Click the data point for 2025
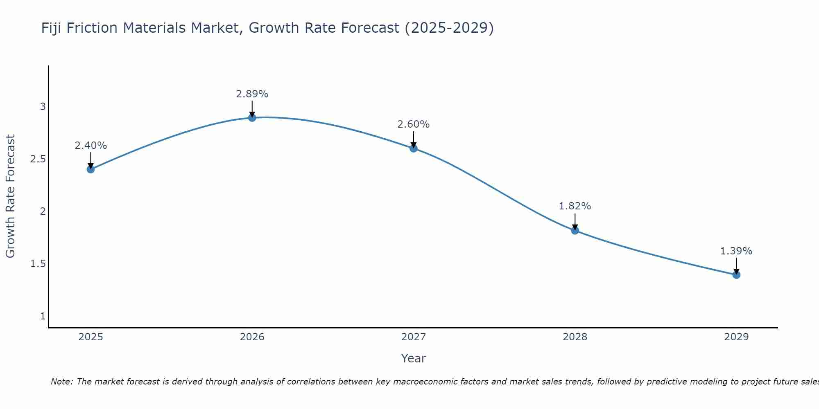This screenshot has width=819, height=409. pos(90,169)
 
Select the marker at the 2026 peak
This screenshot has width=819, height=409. pos(252,118)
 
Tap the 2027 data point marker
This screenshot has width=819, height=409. pos(414,148)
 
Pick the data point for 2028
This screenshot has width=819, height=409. pos(575,230)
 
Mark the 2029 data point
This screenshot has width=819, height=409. pos(736,274)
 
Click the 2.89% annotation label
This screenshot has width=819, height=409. pos(252,94)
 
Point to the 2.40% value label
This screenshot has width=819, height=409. pos(90,146)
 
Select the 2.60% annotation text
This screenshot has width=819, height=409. pos(414,124)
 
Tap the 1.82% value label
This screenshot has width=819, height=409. pos(575,206)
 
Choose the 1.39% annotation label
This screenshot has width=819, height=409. pos(736,251)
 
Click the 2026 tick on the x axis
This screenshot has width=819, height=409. pos(252,337)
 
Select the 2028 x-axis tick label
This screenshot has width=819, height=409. pos(575,337)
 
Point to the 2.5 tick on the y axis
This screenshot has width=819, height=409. pos(38,159)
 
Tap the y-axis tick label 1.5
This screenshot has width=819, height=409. pos(38,264)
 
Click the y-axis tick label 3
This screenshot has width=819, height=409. pos(43,107)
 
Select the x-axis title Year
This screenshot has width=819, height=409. pos(414,358)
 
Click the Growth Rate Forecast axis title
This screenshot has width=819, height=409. pos(11,196)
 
